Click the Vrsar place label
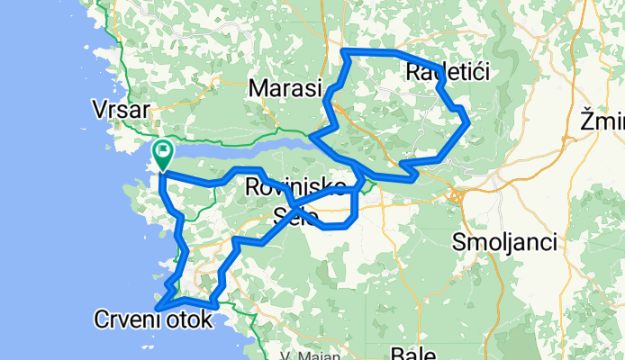click(x=120, y=109)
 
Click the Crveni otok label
click(x=153, y=319)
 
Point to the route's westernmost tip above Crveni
click(x=159, y=309)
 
